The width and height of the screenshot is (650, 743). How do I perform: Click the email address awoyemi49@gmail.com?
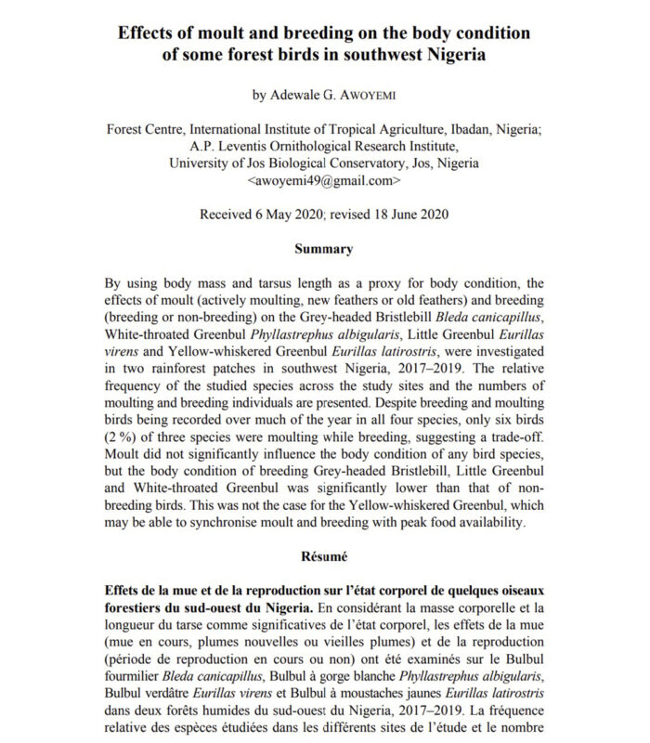[x=324, y=180]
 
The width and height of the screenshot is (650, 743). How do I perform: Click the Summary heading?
[x=323, y=249]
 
